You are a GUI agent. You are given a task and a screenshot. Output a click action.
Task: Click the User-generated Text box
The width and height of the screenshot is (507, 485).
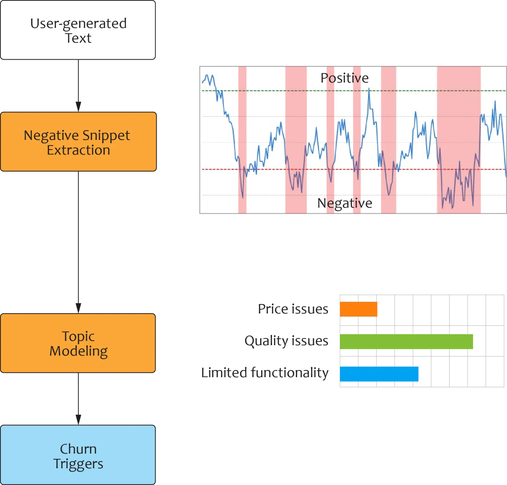pyautogui.click(x=78, y=30)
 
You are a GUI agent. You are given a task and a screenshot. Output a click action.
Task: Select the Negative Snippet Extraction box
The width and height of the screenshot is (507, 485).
pyautogui.click(x=78, y=142)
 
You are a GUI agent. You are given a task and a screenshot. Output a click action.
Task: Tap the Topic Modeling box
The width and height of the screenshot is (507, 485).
pyautogui.click(x=78, y=343)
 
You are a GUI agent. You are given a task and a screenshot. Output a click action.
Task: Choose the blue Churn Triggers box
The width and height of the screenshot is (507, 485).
pyautogui.click(x=78, y=455)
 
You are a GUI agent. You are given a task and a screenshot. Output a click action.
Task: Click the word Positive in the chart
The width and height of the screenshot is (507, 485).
pyautogui.click(x=344, y=78)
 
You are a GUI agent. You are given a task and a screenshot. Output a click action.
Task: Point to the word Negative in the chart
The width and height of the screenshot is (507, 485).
pyautogui.click(x=344, y=203)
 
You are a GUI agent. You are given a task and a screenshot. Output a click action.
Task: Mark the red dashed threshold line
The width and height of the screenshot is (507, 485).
pyautogui.click(x=264, y=169)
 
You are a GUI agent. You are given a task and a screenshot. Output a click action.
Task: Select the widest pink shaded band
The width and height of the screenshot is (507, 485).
pyautogui.click(x=458, y=139)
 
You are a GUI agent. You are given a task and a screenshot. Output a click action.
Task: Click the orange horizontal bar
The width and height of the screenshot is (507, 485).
pyautogui.click(x=358, y=309)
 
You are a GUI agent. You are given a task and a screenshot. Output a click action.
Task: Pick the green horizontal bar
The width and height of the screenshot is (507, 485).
pyautogui.click(x=407, y=342)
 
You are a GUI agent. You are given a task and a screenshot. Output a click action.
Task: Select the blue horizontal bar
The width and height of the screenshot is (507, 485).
pyautogui.click(x=380, y=374)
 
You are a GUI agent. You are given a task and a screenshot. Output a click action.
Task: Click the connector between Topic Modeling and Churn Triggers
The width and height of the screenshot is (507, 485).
pyautogui.click(x=78, y=398)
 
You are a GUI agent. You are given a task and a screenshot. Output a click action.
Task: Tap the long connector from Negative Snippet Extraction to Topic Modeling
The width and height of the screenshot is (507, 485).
pyautogui.click(x=78, y=241)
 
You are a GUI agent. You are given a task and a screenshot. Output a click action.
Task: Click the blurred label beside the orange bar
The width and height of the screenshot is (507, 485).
pyautogui.click(x=294, y=309)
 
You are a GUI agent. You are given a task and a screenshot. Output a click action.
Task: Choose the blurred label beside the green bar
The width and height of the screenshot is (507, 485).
pyautogui.click(x=287, y=341)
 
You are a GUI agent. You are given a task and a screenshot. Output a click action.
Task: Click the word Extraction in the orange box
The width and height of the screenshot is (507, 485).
pyautogui.click(x=78, y=150)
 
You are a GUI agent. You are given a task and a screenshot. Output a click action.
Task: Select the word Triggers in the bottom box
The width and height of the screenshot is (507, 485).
pyautogui.click(x=78, y=464)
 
